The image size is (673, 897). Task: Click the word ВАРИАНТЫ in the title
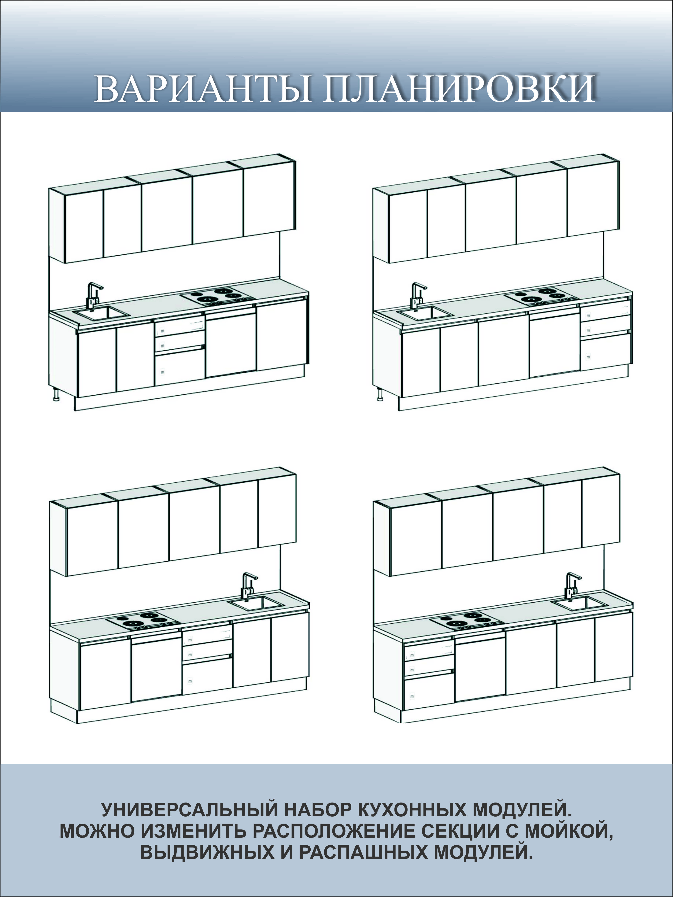tap(203, 88)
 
